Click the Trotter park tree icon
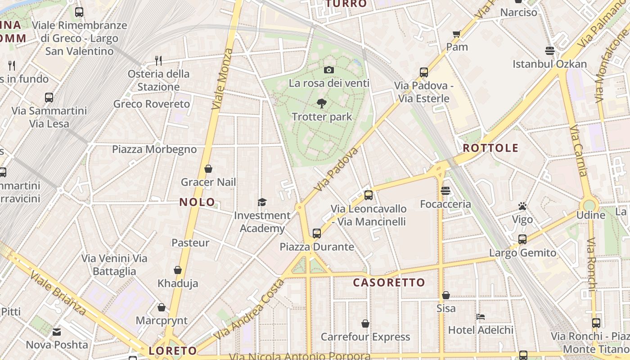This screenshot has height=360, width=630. [x=321, y=103]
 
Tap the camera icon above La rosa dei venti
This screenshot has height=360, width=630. [x=329, y=70]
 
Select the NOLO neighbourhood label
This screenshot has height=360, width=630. [x=197, y=202]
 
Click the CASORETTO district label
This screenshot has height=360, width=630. [x=389, y=283]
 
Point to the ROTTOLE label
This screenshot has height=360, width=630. [x=490, y=148]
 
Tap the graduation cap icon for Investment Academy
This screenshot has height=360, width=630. [x=262, y=202]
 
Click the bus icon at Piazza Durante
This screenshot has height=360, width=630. [x=317, y=233]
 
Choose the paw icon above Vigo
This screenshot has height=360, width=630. [x=522, y=206]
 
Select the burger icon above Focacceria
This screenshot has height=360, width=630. [x=445, y=191]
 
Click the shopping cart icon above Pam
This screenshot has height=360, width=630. [x=457, y=34]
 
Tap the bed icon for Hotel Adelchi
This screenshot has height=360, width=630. [x=481, y=317]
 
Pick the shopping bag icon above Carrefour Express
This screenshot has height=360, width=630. [x=365, y=324]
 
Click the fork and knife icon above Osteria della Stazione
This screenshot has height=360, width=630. [x=158, y=60]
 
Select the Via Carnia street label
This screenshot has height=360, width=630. [x=578, y=151]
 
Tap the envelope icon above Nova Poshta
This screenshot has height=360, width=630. [x=57, y=332]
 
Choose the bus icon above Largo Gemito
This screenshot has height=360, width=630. [x=522, y=239]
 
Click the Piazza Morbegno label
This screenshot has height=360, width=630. [x=154, y=149]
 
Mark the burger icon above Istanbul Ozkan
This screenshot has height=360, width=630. [x=549, y=50]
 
